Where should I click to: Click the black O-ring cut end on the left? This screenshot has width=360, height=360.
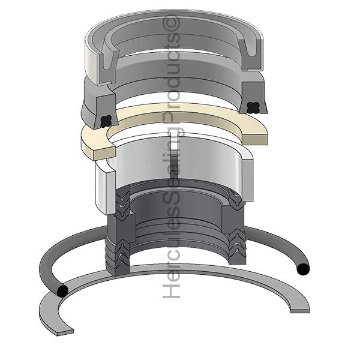point(62,291)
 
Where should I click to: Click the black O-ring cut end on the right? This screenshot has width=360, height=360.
point(303,269)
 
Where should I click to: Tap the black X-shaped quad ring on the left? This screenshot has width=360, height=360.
point(106,121)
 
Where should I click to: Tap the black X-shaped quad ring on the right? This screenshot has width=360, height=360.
point(253,107)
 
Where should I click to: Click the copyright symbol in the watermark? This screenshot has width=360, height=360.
point(171,23)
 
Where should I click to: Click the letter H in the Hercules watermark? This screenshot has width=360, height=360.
point(171,290)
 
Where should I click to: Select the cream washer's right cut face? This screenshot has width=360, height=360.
point(255,139)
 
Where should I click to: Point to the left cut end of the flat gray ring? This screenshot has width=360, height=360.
point(65,332)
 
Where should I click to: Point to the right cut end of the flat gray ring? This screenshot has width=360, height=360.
point(300,311)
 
